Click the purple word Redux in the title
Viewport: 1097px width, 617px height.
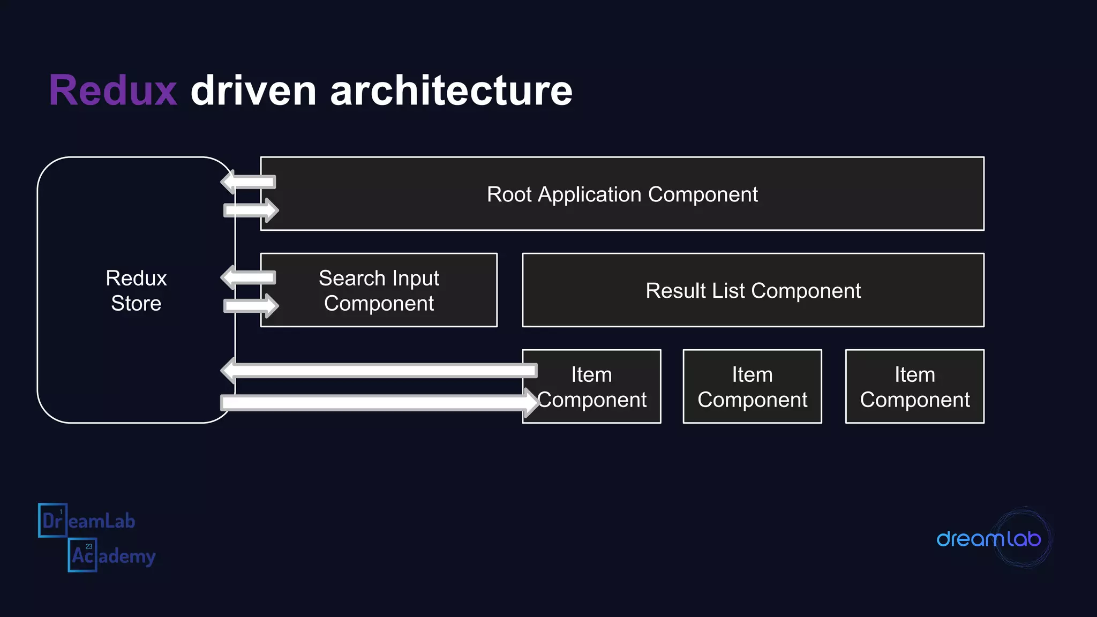pos(113,90)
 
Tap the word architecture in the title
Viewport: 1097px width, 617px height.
pos(451,90)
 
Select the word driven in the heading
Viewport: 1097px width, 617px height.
pos(253,90)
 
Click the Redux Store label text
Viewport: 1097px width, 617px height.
pos(136,290)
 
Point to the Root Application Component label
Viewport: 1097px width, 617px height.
pos(622,194)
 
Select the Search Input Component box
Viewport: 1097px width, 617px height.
pos(379,290)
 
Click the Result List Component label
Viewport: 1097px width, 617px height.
pos(753,290)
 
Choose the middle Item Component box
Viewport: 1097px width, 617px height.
pos(752,387)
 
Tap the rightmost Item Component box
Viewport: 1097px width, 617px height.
pos(914,387)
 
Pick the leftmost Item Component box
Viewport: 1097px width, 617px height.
pos(591,387)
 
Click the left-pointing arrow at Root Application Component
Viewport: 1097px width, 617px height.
pos(249,182)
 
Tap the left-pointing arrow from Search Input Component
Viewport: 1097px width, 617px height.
pos(249,277)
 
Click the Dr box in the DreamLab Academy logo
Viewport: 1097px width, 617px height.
pos(52,520)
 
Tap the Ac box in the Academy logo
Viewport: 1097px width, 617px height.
pos(82,555)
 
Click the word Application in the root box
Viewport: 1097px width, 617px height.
pos(589,194)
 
